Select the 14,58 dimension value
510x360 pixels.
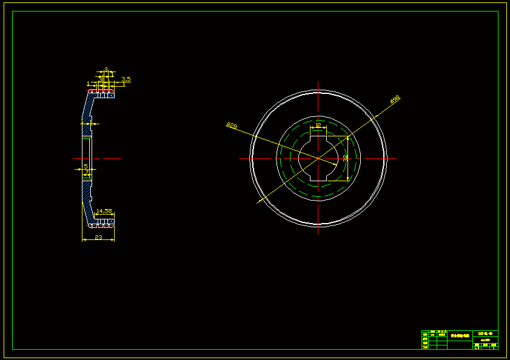(x=104, y=211)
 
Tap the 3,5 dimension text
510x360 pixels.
(x=126, y=79)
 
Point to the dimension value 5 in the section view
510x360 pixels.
(x=86, y=165)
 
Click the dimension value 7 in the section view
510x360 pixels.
(x=87, y=173)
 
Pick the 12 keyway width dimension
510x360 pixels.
(x=318, y=125)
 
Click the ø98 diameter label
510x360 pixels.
(x=395, y=99)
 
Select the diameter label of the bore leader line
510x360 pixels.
(x=231, y=125)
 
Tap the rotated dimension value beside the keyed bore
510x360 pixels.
(x=345, y=158)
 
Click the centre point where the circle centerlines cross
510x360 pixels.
(x=318, y=158)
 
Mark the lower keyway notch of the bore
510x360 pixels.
(x=318, y=180)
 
